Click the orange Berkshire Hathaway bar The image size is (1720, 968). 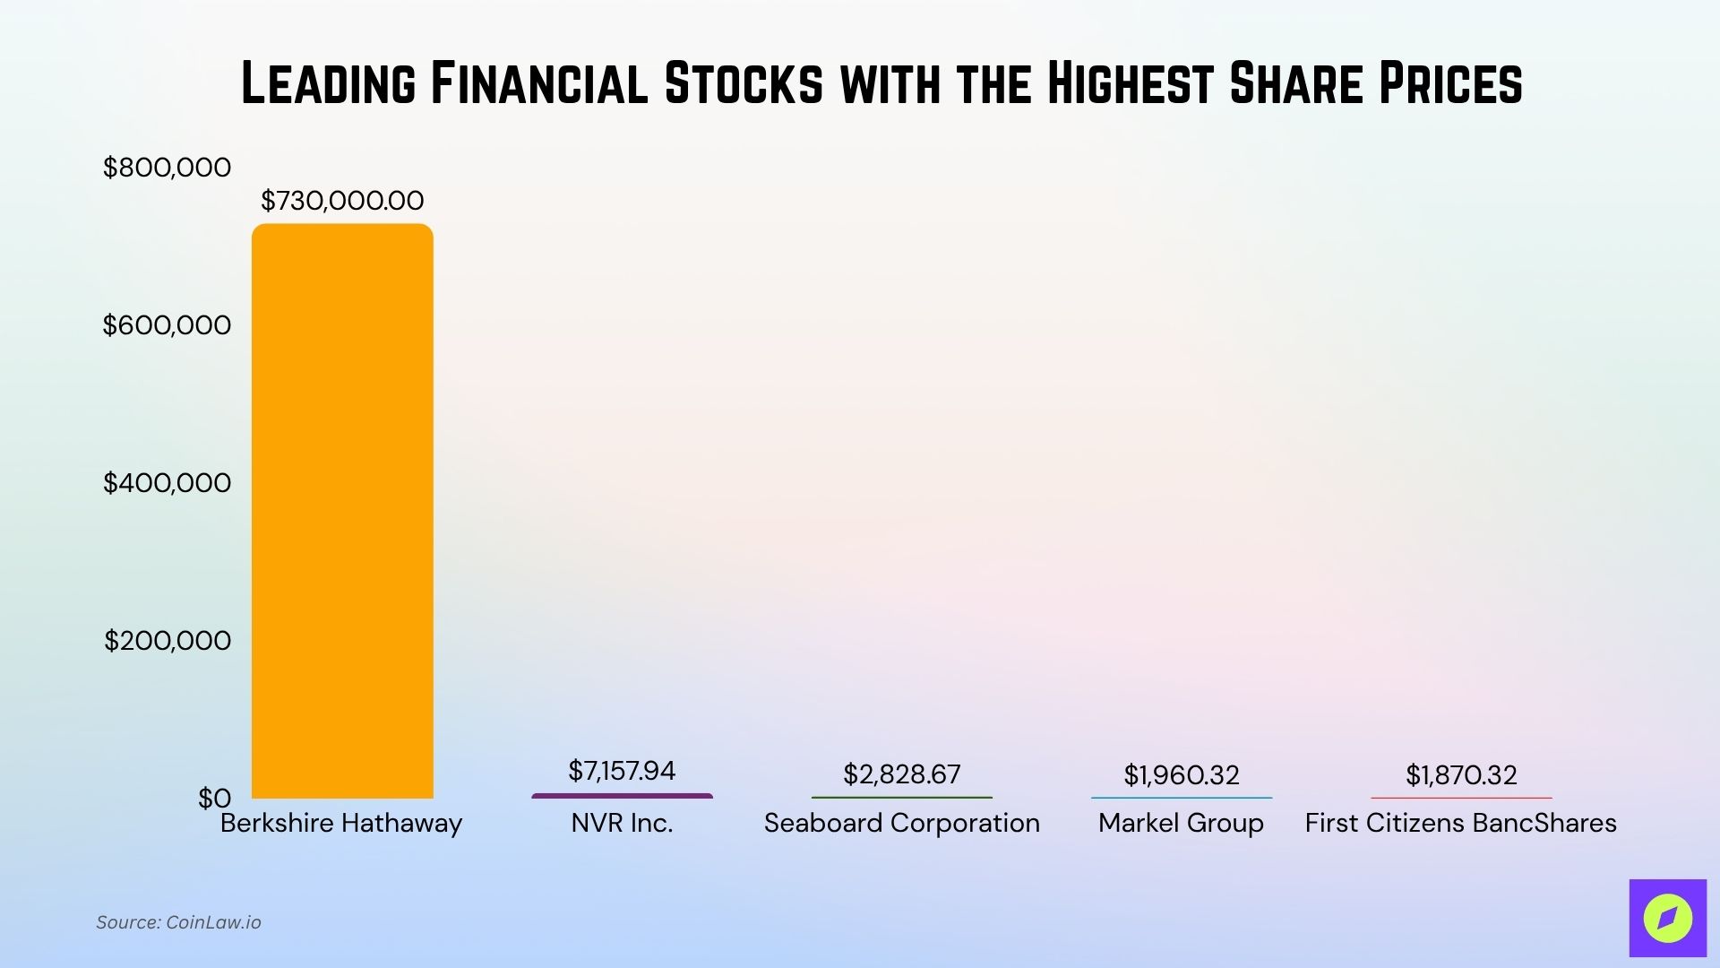(x=342, y=511)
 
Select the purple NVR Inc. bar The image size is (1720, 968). (x=622, y=796)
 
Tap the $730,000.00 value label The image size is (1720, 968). (x=342, y=201)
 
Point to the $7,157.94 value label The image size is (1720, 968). (x=622, y=771)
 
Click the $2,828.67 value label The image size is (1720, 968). (x=901, y=774)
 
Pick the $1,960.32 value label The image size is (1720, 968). (x=1182, y=775)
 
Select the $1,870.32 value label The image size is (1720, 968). (x=1461, y=775)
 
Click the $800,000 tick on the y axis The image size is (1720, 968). (x=167, y=168)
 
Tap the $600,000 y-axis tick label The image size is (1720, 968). (x=167, y=325)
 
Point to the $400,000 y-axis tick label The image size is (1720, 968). (x=167, y=483)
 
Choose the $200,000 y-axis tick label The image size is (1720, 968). (x=167, y=641)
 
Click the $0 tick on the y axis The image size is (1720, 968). (x=214, y=799)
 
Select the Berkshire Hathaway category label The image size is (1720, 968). (x=341, y=824)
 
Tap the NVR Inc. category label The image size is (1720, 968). (x=622, y=824)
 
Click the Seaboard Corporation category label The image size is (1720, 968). (x=901, y=824)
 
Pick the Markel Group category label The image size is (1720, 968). (x=1181, y=824)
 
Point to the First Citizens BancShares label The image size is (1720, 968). (x=1460, y=824)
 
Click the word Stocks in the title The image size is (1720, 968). (x=744, y=84)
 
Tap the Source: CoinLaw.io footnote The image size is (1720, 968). (x=178, y=922)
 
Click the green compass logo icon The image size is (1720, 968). (x=1667, y=918)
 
